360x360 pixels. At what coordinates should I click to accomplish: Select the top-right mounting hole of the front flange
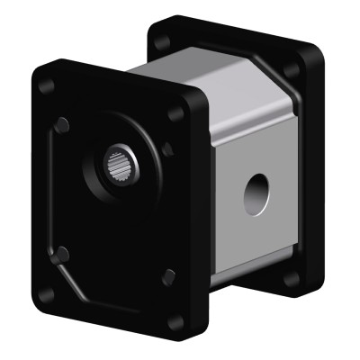[176, 114]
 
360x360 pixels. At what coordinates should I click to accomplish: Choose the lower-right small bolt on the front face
[167, 276]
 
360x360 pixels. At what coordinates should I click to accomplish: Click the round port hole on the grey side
[256, 192]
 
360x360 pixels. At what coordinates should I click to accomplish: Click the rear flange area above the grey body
[225, 45]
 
